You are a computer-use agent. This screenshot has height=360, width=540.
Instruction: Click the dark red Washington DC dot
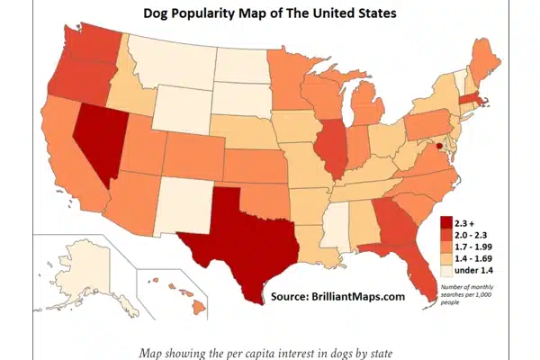pos(439,144)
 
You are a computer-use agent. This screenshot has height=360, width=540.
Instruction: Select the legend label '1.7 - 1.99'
pos(477,245)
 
